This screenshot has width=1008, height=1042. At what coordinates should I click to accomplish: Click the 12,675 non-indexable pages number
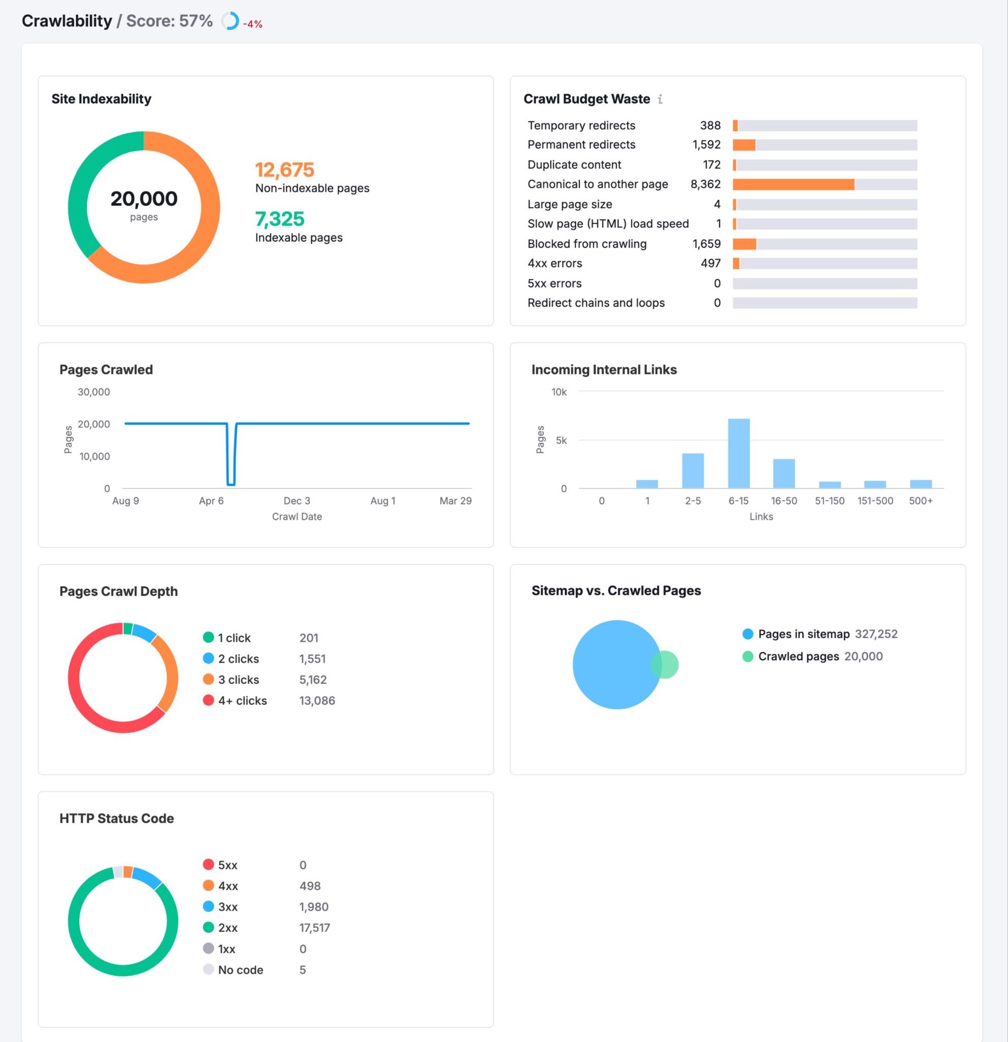285,170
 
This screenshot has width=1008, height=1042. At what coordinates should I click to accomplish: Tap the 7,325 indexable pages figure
280,219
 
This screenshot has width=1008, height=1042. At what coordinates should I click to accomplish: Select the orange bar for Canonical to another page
793,185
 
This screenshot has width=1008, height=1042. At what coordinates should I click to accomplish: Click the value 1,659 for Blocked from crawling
706,244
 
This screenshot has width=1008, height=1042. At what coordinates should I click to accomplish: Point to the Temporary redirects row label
581,126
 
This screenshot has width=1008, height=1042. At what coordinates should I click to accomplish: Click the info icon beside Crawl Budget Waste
660,99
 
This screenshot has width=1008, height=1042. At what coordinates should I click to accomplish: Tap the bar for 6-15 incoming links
738,453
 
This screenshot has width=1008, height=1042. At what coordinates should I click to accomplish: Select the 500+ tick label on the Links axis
921,501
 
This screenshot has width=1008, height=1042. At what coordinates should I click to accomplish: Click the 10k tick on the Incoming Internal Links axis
559,392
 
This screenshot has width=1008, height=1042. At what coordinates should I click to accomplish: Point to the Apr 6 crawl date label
211,501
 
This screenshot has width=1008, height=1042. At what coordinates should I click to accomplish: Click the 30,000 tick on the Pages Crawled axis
94,392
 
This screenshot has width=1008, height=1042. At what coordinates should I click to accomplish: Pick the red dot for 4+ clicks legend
209,700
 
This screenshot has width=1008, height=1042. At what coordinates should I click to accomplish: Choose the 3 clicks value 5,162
313,679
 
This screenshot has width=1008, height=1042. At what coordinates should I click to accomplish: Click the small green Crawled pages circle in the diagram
668,664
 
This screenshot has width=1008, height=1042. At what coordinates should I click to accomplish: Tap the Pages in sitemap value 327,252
876,634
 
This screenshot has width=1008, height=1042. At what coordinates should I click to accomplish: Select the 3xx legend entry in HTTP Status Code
227,907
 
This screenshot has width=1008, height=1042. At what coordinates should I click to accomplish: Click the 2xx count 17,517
315,928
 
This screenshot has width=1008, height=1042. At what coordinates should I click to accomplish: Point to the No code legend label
240,970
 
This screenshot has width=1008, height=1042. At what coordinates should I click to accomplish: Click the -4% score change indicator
252,24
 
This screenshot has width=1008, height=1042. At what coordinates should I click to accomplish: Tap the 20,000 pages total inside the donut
144,199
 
